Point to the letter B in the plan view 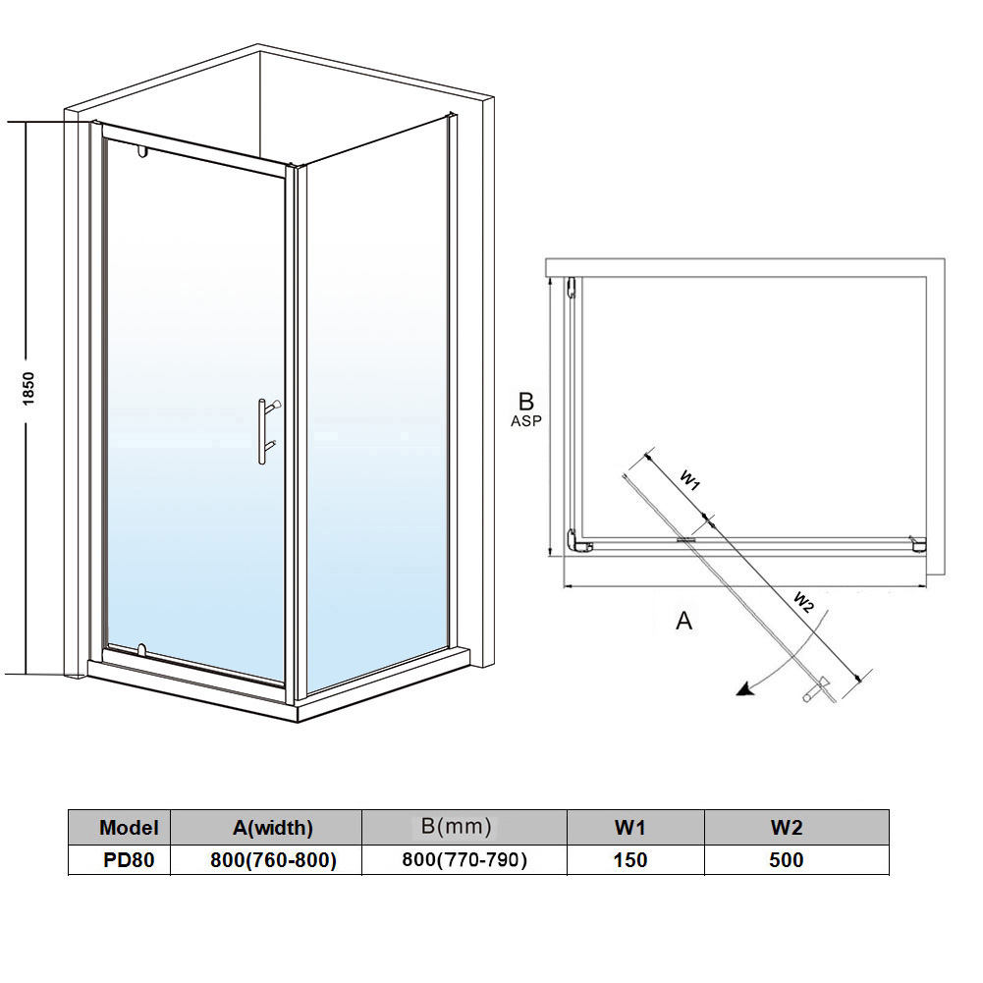pyautogui.click(x=526, y=401)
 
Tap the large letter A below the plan pyautogui.click(x=684, y=621)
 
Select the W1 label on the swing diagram pyautogui.click(x=690, y=479)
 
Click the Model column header pyautogui.click(x=128, y=828)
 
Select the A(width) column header pyautogui.click(x=267, y=828)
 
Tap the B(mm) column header pyautogui.click(x=457, y=827)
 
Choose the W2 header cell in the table pyautogui.click(x=787, y=828)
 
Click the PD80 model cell pyautogui.click(x=128, y=860)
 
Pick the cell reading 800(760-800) pyautogui.click(x=274, y=860)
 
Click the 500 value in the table pyautogui.click(x=787, y=860)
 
